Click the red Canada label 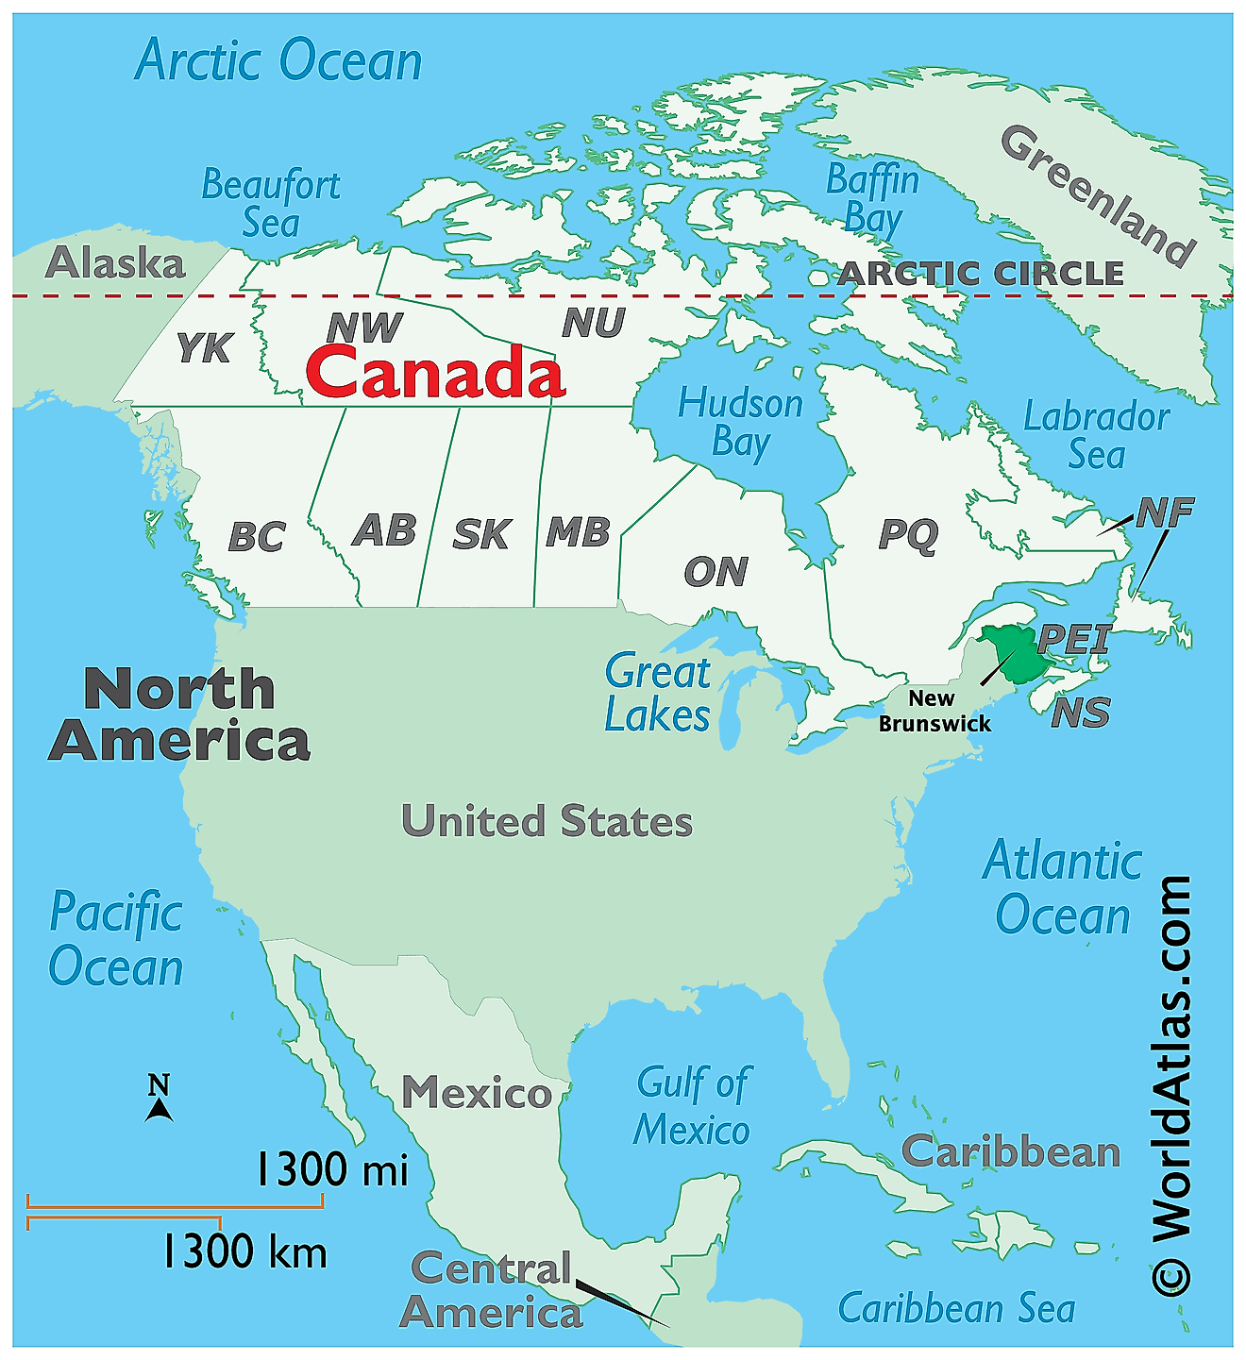pos(435,372)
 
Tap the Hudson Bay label pos(740,423)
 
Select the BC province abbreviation pos(257,537)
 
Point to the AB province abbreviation pos(384,530)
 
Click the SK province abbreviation pos(481,534)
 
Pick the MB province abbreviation pos(578,532)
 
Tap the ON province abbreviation pos(716,571)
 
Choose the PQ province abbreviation pos(908,534)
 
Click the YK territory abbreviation pos(204,348)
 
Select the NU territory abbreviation pos(594,324)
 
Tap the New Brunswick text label pos(934,712)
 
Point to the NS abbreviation pos(1081,713)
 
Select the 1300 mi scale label pos(332,1170)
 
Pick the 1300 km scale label pos(244,1252)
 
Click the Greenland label pos(1099,196)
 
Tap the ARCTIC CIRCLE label pos(981,274)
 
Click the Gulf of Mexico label pos(692,1106)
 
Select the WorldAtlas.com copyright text pos(1171,1085)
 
